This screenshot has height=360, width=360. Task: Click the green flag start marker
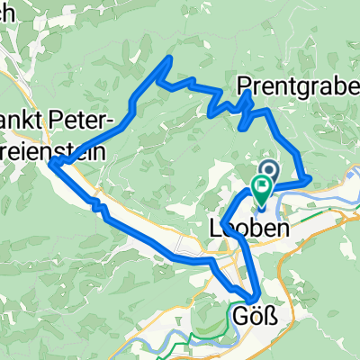(263, 187)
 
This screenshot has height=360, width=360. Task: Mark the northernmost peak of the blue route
(167, 59)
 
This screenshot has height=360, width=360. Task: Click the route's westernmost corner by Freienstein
(49, 163)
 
